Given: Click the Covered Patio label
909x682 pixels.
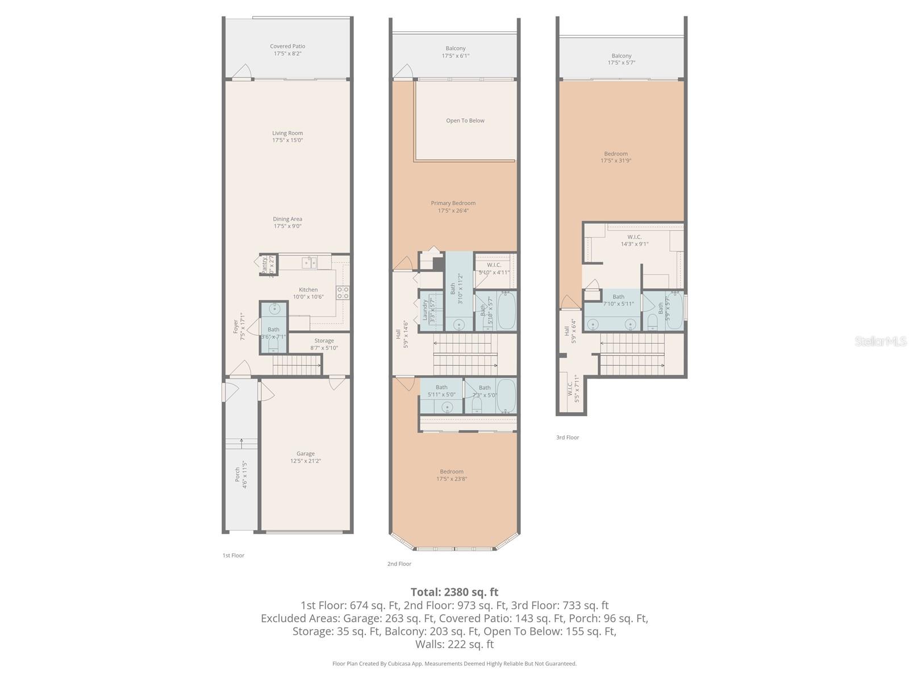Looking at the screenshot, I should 287,50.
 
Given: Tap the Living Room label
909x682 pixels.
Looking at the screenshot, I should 287,136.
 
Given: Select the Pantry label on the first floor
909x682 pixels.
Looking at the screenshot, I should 265,265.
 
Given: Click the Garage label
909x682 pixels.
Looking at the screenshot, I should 305,457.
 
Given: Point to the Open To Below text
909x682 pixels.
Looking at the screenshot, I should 465,120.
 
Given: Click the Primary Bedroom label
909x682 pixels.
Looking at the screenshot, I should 453,206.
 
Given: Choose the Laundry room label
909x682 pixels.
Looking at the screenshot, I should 425,310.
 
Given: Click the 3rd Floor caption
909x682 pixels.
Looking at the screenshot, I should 567,438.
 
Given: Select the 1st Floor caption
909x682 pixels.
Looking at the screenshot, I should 233,555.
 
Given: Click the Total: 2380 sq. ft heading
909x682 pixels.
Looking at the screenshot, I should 454,592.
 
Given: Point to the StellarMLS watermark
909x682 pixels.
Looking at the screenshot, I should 881,341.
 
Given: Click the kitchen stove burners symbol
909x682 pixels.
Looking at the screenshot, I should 343,293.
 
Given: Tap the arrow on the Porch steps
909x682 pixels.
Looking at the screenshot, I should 242,442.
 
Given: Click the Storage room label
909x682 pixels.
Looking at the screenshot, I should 324,344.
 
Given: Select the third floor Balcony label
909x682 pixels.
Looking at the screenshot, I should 621,59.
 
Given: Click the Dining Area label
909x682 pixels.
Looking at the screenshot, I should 287,222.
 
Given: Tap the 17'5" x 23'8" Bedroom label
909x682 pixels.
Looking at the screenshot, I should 452,475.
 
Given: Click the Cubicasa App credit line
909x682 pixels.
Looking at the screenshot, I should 454,663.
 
